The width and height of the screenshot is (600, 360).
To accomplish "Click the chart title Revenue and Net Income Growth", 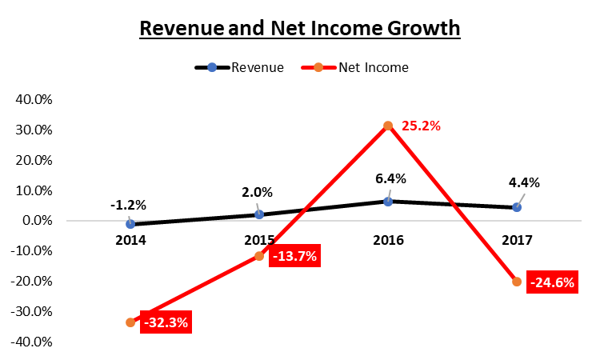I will coord(300,29).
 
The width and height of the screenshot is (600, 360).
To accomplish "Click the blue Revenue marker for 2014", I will coord(130,224).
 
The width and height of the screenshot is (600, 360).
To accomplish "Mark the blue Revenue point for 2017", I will coord(517,207).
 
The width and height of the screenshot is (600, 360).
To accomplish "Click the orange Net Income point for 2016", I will coord(388,126).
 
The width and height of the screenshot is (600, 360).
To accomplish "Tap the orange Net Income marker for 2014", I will coord(130,322).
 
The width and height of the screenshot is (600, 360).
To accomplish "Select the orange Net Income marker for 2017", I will coord(517,282).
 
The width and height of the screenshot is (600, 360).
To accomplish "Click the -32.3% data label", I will coord(167,323).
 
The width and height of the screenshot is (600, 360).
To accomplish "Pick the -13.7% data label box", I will coord(295,258).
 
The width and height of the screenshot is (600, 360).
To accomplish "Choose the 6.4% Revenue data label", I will coord(386,178).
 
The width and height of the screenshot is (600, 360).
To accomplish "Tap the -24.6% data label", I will coord(552,282).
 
